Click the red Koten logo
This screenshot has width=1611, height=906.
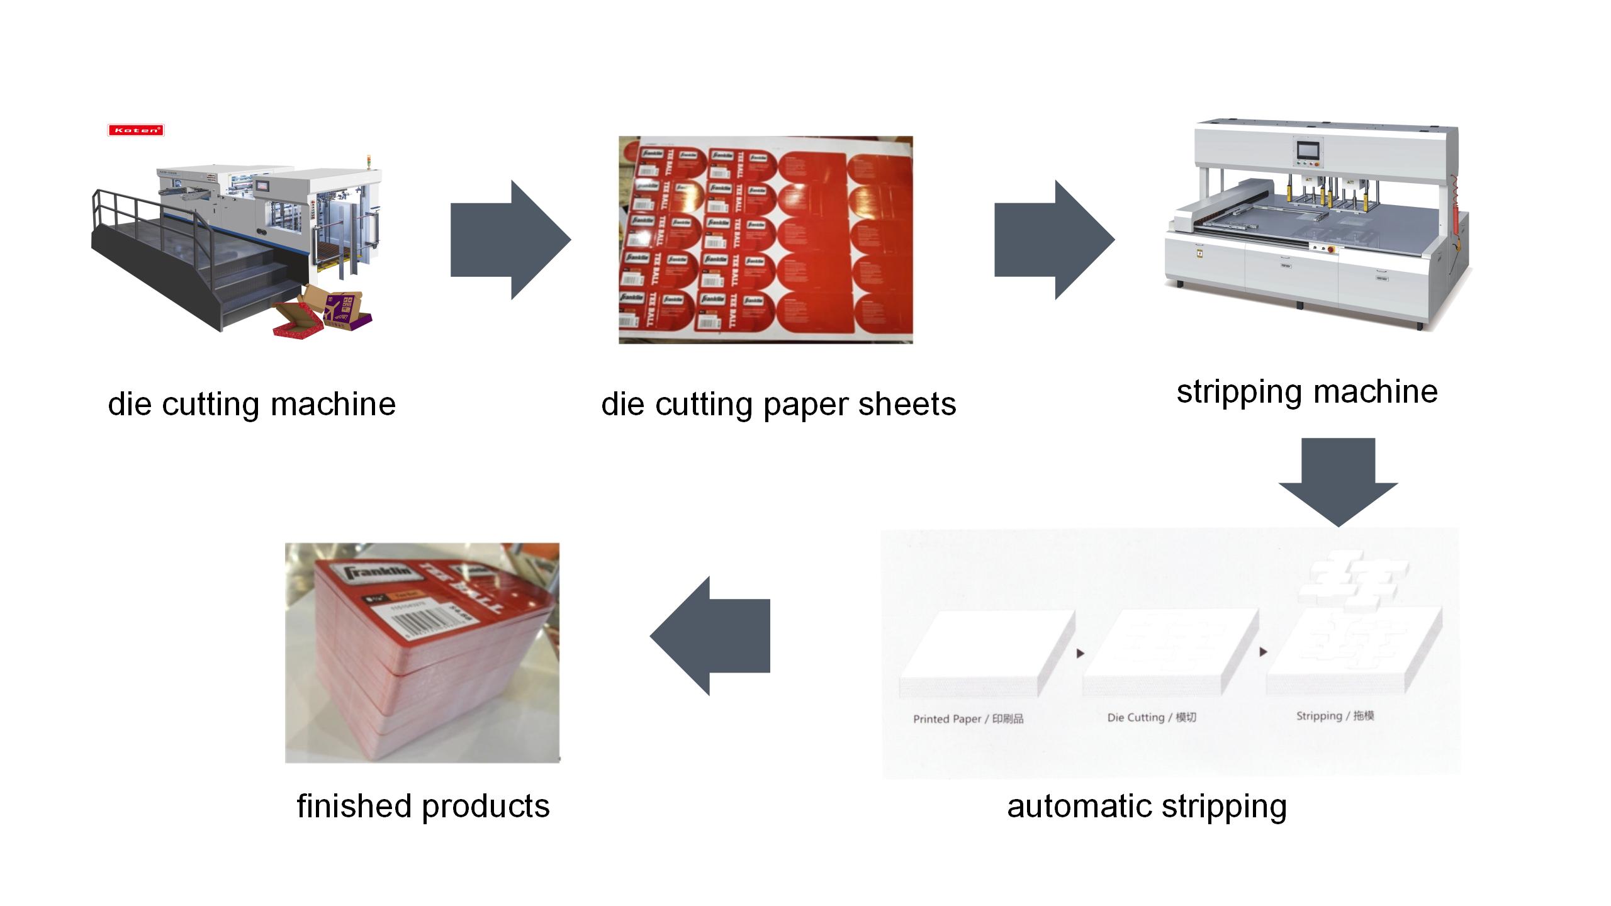tap(136, 130)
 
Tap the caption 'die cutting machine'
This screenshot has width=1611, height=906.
tap(252, 404)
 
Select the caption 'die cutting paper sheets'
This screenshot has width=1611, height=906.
tap(778, 404)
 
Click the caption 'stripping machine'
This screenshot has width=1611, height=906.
tap(1307, 391)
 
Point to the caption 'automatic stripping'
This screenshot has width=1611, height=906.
tap(1147, 806)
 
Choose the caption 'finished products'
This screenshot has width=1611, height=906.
tap(423, 806)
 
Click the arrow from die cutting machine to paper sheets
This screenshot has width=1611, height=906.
tap(510, 240)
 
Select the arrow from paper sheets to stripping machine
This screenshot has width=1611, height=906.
tap(1054, 240)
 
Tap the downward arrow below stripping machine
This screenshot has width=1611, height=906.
tap(1338, 481)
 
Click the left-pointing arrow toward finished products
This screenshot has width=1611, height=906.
tap(710, 636)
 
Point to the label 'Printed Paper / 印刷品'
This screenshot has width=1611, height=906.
tap(968, 719)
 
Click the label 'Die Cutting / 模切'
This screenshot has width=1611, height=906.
tap(1152, 717)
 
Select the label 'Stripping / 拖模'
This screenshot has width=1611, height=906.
tap(1335, 716)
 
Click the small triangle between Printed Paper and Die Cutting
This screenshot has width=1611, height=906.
tap(1081, 654)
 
